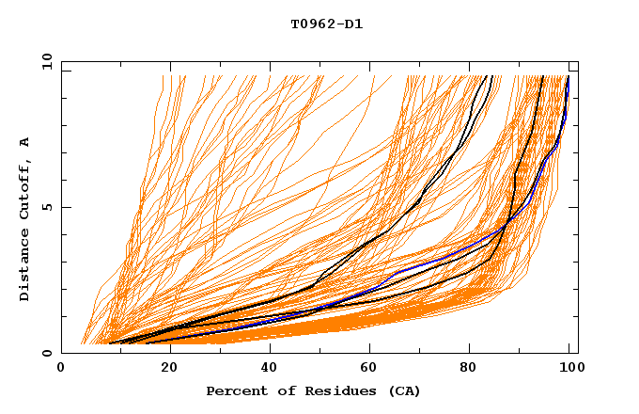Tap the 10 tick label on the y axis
(46, 62)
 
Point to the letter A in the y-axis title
(24, 142)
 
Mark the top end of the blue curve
(568, 77)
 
